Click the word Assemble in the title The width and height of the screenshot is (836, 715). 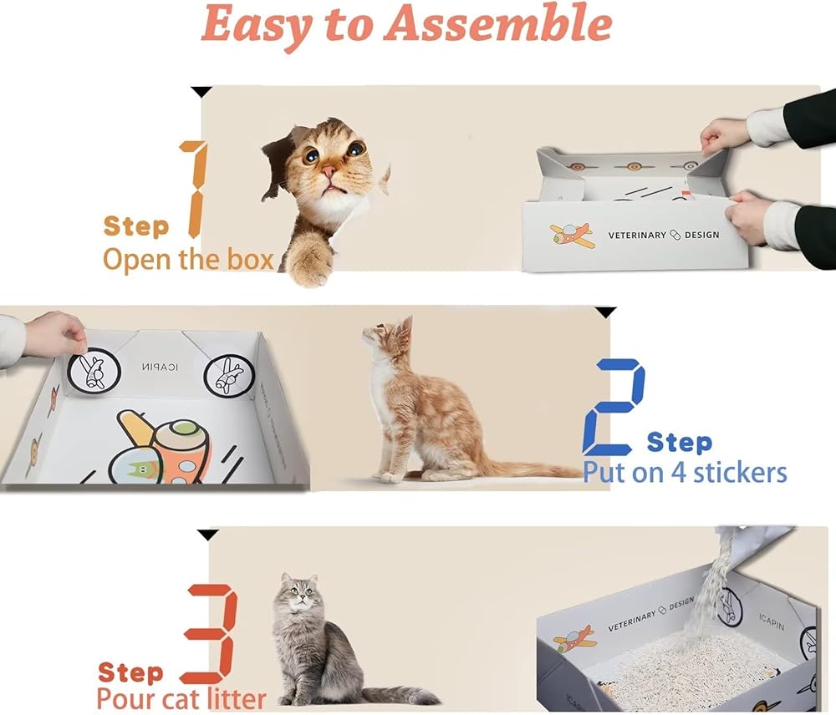[498, 24]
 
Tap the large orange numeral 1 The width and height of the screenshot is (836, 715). [194, 189]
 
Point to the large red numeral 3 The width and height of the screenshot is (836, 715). [209, 634]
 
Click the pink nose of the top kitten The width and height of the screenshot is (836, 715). [329, 171]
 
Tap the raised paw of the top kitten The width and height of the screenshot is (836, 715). [309, 261]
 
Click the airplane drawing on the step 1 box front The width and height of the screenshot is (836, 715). [572, 236]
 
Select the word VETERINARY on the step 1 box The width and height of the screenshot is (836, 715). [637, 235]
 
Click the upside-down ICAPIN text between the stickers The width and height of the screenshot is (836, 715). [160, 367]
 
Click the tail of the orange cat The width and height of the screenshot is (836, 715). [533, 469]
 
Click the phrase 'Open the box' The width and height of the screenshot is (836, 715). [188, 260]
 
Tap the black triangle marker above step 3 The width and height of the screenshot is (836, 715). [207, 535]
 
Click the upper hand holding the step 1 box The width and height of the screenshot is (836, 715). [726, 134]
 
